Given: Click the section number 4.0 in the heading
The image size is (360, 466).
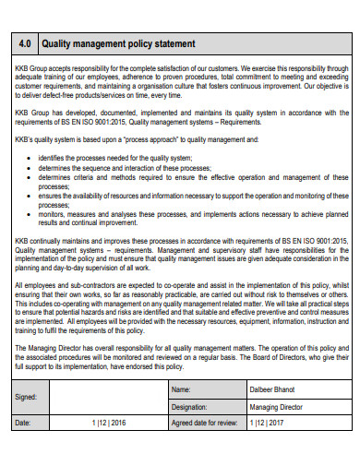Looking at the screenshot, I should (26, 43).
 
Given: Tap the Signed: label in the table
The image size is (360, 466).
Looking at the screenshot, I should (28, 399).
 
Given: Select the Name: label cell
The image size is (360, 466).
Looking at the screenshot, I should (182, 390).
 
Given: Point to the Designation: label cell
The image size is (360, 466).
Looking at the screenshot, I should (189, 406).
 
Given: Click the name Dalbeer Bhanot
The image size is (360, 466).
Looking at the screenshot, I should (273, 390).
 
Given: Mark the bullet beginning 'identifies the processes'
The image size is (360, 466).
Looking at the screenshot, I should (120, 158).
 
